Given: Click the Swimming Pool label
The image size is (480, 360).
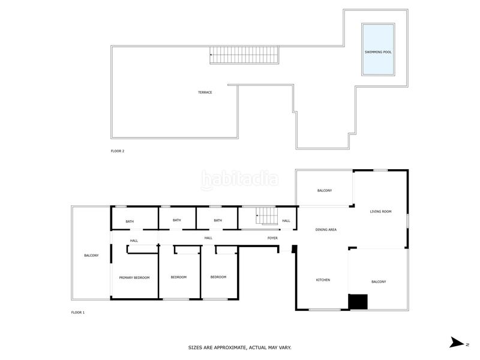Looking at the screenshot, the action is click(378, 52).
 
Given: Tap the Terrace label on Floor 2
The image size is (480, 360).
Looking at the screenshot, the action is click(205, 92).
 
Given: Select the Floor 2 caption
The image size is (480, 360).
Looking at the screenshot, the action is click(118, 151).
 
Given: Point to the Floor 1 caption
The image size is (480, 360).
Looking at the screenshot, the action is click(78, 313).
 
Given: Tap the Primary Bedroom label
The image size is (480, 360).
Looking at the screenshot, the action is click(134, 278).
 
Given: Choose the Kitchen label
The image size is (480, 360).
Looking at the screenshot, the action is click(323, 280).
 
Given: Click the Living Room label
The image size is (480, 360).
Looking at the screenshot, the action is click(380, 212).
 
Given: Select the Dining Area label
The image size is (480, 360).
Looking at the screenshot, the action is click(326, 230).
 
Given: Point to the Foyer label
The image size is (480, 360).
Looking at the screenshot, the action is click(272, 238).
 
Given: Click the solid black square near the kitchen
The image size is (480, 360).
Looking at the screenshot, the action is click(358, 302).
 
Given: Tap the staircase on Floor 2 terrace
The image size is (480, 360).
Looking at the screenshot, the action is click(244, 55).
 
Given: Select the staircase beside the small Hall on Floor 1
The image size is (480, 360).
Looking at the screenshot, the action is click(266, 216).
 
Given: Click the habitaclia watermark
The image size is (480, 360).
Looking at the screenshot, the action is click(239, 179).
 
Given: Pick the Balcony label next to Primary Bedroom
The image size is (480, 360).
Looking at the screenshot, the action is click(92, 256).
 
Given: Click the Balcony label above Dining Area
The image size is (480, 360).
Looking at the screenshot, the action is click(325, 190).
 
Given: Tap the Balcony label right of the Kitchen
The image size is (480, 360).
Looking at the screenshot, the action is click(379, 281).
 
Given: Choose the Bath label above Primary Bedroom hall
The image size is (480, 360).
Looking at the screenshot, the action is click(130, 221).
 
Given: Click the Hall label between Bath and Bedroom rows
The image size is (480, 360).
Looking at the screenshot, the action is click(208, 238).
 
